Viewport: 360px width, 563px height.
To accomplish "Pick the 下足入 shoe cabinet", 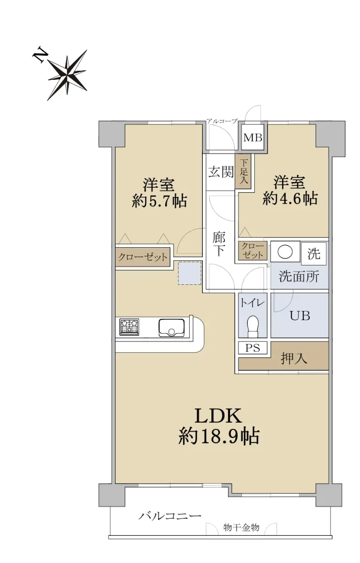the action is [243, 171].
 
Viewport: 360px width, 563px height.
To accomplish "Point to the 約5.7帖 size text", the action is [160, 201].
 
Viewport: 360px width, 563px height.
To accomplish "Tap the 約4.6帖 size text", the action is [290, 198].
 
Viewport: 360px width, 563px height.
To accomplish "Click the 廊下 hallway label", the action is [219, 244].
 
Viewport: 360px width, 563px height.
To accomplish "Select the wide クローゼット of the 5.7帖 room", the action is [143, 257].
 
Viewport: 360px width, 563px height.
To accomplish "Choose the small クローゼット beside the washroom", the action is [253, 251].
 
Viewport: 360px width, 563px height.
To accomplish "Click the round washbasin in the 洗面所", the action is [285, 251].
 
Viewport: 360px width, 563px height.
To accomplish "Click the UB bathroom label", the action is [300, 316].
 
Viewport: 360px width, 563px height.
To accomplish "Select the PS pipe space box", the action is [253, 348].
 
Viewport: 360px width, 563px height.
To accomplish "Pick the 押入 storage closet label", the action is [294, 358].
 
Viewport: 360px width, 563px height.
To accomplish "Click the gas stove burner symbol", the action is [129, 327].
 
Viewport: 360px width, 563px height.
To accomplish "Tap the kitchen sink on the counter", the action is [171, 328].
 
